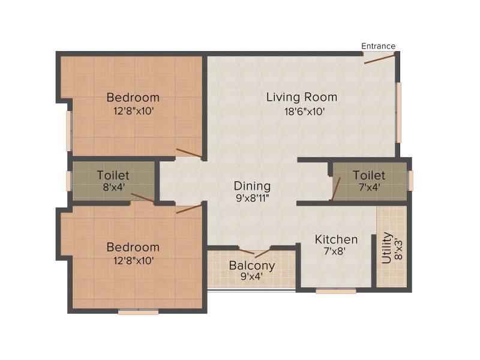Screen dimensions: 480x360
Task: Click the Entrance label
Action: pyautogui.click(x=379, y=46)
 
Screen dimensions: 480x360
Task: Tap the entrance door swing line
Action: pyautogui.click(x=380, y=59)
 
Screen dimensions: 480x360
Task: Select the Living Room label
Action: pyautogui.click(x=302, y=97)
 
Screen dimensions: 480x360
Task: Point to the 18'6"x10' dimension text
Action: pyautogui.click(x=305, y=112)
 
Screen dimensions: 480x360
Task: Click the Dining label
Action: pyautogui.click(x=252, y=186)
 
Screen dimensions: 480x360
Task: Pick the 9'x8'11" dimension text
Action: pyautogui.click(x=253, y=199)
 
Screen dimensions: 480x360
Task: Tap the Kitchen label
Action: pyautogui.click(x=336, y=239)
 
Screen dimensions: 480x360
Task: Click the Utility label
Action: pyautogui.click(x=386, y=248)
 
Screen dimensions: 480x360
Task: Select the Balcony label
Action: pyautogui.click(x=252, y=266)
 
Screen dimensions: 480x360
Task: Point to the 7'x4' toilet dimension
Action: pyautogui.click(x=370, y=187)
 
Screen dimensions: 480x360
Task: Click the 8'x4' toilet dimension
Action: pyautogui.click(x=114, y=187)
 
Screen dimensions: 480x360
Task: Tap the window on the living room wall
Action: pyautogui.click(x=399, y=112)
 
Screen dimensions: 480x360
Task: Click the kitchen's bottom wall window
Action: pyautogui.click(x=336, y=292)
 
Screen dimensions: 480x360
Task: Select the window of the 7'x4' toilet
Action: pyautogui.click(x=411, y=181)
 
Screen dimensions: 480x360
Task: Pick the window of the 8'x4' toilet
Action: pyautogui.click(x=69, y=181)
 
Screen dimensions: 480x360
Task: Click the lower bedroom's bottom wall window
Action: pyautogui.click(x=139, y=312)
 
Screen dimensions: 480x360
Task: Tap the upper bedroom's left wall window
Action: pyautogui.click(x=69, y=131)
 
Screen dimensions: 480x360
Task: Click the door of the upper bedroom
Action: pyautogui.click(x=189, y=153)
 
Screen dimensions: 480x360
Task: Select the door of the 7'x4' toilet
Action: pyautogui.click(x=336, y=189)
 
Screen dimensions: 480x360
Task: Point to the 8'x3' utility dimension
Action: pyautogui.click(x=398, y=249)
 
